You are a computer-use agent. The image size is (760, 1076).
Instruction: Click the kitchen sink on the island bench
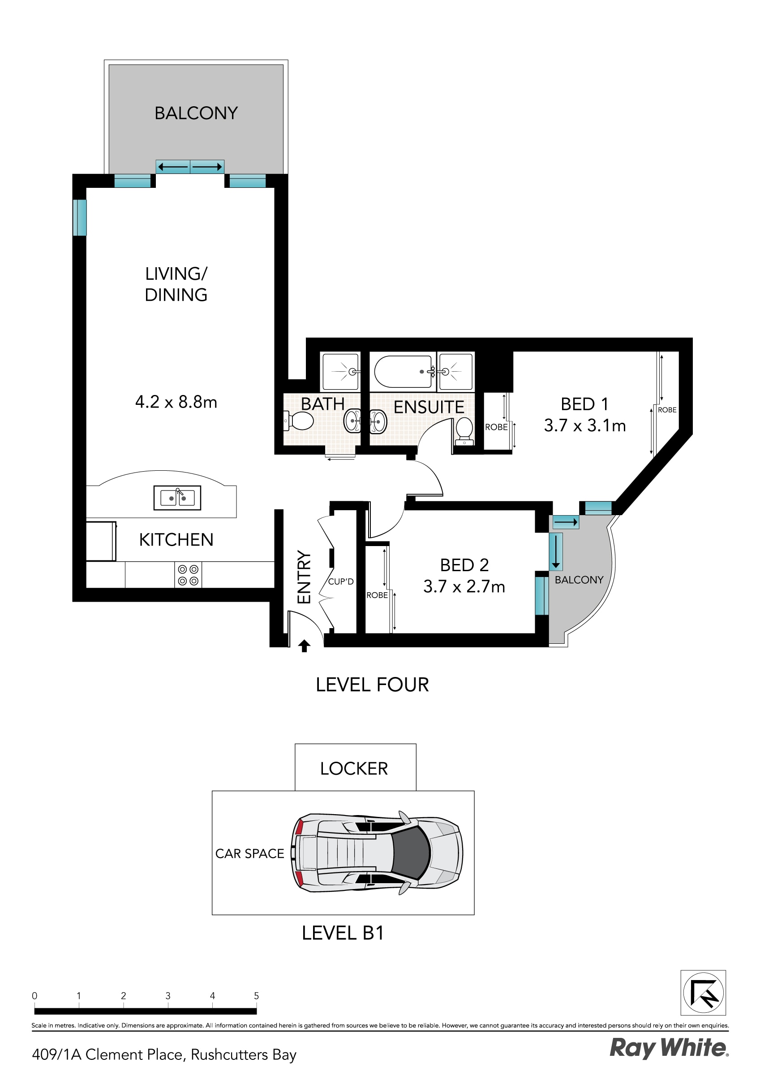click(x=177, y=498)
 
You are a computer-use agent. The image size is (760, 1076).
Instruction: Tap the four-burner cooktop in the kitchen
click(x=188, y=575)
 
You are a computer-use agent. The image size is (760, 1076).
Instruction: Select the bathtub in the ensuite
click(x=403, y=372)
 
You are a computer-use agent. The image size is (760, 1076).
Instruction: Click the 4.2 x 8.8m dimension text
click(x=176, y=402)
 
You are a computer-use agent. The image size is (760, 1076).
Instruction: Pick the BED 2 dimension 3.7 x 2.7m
click(x=464, y=587)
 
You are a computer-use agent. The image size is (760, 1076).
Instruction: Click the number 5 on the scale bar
click(x=256, y=995)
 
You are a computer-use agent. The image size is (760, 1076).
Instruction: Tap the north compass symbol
click(x=703, y=993)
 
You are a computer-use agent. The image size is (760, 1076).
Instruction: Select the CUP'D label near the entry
click(x=341, y=581)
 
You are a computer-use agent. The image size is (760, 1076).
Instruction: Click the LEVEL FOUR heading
click(x=372, y=685)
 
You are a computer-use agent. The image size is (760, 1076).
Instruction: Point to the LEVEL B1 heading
click(x=343, y=933)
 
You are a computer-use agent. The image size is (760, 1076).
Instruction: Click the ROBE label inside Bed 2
click(x=377, y=595)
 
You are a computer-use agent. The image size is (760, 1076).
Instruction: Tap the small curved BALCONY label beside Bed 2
click(x=579, y=580)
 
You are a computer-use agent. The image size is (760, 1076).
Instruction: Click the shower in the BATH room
click(x=340, y=372)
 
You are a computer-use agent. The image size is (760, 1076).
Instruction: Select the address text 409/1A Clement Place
click(x=164, y=1054)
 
